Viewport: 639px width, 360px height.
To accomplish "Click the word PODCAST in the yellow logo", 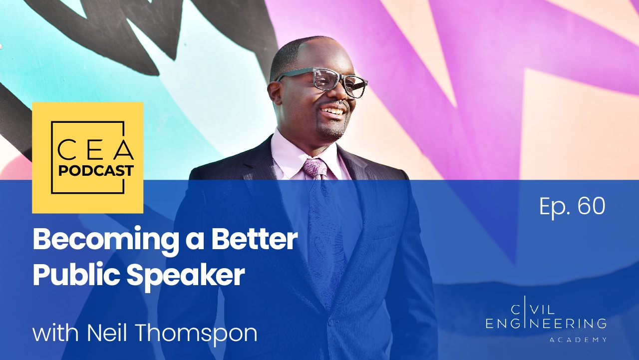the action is pos(96,171).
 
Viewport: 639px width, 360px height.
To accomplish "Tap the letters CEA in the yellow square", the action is pos(96,150).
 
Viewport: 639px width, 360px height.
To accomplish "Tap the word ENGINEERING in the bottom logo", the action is pos(546,324).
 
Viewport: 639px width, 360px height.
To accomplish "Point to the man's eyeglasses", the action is pos(322,81).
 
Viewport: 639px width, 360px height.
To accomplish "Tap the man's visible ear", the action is pos(275,94).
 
